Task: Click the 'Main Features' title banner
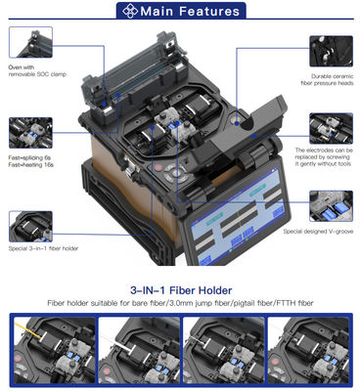click(180, 12)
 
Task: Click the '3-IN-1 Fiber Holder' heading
click(180, 290)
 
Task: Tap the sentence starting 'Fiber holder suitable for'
click(180, 304)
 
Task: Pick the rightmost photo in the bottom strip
click(311, 351)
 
